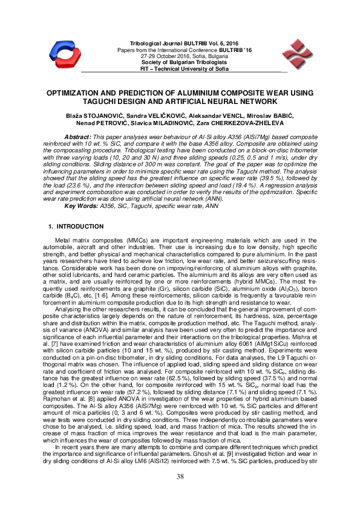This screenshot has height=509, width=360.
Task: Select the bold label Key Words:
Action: (x=82, y=206)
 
